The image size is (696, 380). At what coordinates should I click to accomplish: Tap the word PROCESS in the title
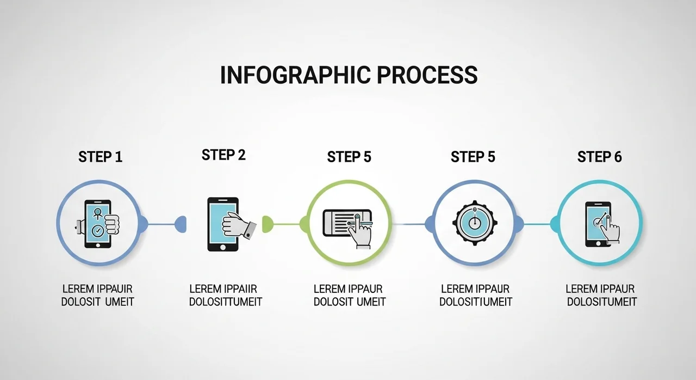pos(427,75)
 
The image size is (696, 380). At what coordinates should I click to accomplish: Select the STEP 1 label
pos(101,157)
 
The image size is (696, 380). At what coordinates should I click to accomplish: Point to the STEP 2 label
pos(223,155)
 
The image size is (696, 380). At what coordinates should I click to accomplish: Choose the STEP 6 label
pos(599,157)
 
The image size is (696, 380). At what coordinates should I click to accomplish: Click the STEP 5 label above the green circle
pos(349,157)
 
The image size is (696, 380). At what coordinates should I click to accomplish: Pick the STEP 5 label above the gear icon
pos(473,157)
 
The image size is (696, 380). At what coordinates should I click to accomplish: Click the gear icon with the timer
pos(474,223)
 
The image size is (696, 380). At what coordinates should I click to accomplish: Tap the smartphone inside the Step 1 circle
pos(97,224)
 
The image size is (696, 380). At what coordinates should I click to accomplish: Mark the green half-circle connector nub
pos(267,224)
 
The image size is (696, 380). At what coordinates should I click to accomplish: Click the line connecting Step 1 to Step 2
pos(161,224)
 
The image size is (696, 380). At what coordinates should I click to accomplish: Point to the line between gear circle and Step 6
pos(537,224)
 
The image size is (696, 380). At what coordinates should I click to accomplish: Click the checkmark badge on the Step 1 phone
pos(97,231)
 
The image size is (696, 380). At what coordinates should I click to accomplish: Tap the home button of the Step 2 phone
pos(222,246)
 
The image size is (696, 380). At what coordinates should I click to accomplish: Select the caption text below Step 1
pos(97,295)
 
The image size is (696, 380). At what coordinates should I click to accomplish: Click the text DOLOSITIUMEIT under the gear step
pos(476,302)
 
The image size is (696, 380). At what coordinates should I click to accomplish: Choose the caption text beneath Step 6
pos(600,295)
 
